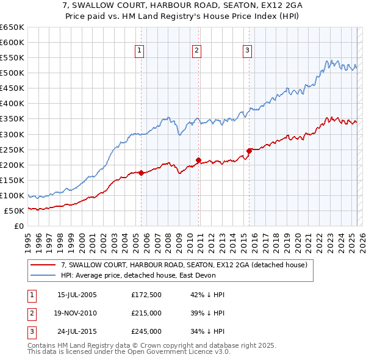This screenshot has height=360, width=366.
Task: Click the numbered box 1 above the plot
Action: [x=140, y=51]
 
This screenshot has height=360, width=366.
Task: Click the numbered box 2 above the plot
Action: [x=197, y=51]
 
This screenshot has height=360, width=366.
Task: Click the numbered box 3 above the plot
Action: [x=248, y=51]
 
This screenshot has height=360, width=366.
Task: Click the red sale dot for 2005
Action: [x=141, y=173]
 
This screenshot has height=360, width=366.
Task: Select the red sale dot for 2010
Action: [x=199, y=160]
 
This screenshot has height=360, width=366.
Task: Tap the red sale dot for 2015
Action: [x=249, y=151]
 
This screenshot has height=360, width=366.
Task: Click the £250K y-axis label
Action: [x=12, y=149]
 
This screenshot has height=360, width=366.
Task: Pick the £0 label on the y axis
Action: [x=18, y=226]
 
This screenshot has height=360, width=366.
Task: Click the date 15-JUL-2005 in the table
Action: [x=77, y=295]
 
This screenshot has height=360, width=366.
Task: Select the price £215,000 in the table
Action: [x=146, y=313]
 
